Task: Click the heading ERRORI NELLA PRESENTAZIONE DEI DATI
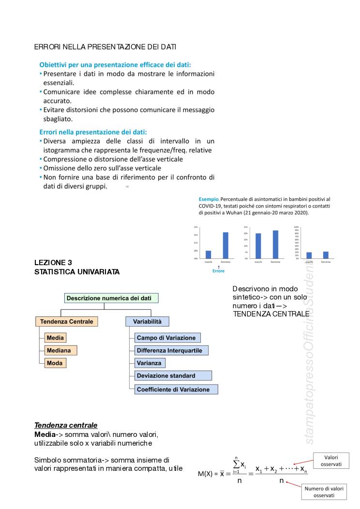105,47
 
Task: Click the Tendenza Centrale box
67,321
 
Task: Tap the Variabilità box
147,321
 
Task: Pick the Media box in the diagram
55,338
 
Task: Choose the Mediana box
59,350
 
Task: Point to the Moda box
54,363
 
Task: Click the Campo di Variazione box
167,338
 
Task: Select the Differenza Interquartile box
172,350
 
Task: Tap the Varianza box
150,363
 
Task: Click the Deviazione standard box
173,375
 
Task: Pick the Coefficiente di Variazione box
176,389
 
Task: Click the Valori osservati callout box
330,461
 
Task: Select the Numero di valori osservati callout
324,492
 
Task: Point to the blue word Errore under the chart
218,271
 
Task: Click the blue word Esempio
209,199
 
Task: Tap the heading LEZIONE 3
53,263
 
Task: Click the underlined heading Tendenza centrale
66,425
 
